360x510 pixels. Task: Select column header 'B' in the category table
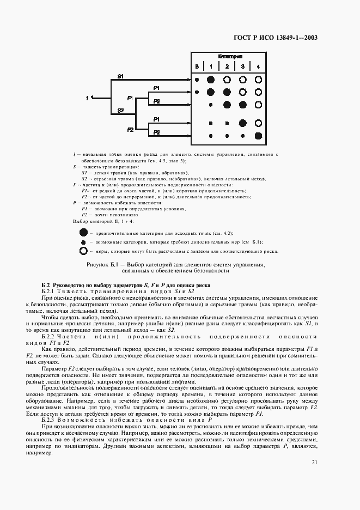click(x=197, y=66)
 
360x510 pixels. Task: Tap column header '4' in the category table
click(x=258, y=66)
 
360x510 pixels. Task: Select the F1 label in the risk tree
click(x=130, y=98)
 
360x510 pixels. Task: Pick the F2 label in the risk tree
click(x=131, y=130)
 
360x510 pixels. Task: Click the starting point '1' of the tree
click(x=87, y=98)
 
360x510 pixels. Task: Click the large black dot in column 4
click(x=258, y=136)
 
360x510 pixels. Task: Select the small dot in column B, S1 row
click(x=197, y=80)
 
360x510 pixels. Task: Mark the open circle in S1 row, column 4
click(x=258, y=79)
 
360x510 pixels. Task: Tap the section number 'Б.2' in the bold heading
click(x=46, y=286)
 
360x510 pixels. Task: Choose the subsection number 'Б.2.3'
click(x=51, y=420)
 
